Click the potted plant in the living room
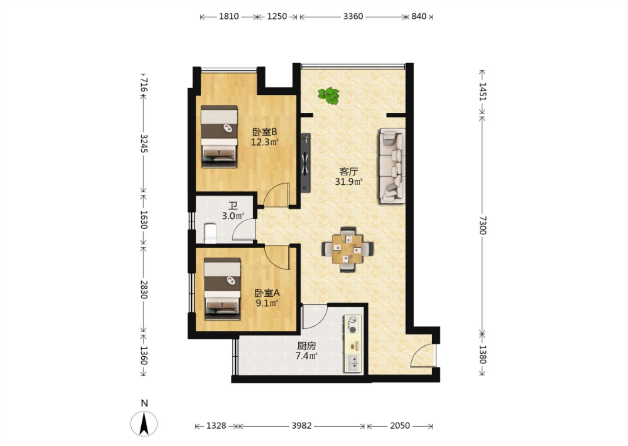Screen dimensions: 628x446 coord(328,96)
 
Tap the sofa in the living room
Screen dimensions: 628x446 coord(392,166)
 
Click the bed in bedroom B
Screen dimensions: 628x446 coord(219,137)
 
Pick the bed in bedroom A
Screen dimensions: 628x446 coord(222,289)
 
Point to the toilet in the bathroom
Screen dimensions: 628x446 coord(210,233)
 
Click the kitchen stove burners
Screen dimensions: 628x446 coord(353,325)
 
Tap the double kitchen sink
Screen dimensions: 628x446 coord(353,363)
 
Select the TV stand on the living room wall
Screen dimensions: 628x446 coord(306,163)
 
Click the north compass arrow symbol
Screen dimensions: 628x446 coord(144,424)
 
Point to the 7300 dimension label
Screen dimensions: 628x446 coord(482,225)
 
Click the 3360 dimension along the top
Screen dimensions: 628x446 coord(353,17)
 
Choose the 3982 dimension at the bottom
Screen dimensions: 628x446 coord(302,426)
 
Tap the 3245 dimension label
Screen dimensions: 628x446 coord(144,143)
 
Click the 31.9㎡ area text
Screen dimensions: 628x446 coord(349,182)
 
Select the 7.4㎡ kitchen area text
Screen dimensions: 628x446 coord(307,356)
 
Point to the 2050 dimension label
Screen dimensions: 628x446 coord(400,426)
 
